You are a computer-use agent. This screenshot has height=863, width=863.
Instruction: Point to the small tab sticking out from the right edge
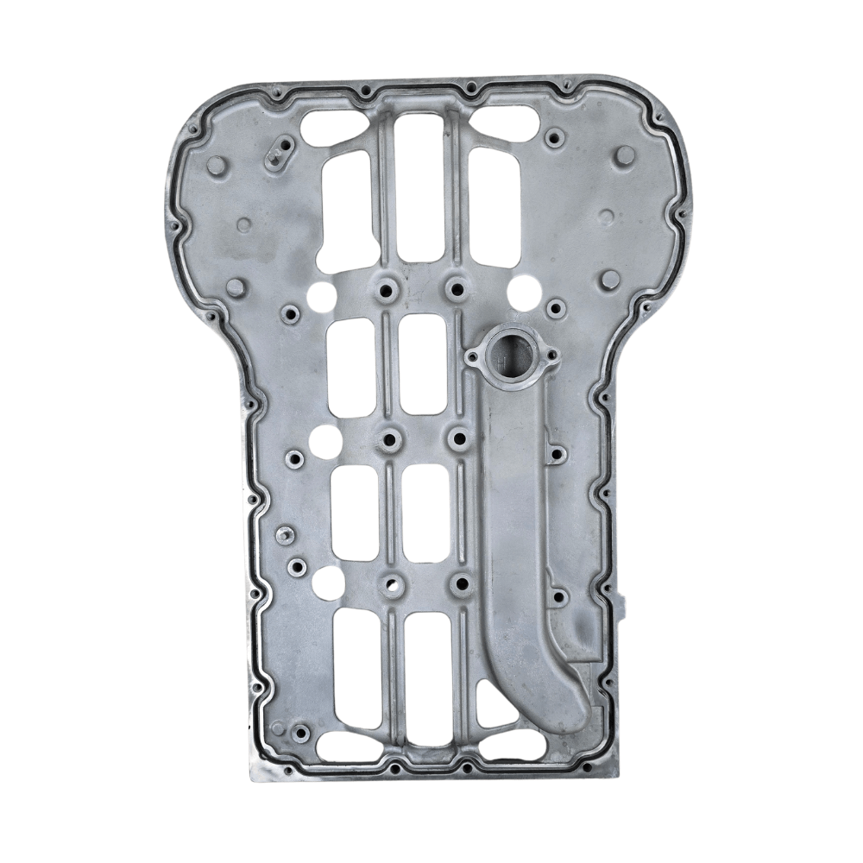coord(623,603)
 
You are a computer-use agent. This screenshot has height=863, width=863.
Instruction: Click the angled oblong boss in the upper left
coord(280,153)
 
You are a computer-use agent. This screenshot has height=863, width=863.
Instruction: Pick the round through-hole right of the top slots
coord(525,292)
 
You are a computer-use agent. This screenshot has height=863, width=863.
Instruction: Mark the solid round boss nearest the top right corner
coord(626,155)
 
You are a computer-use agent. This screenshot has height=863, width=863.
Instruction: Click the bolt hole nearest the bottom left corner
coord(300,734)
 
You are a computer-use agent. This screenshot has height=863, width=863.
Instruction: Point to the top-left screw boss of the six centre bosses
coord(385,287)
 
